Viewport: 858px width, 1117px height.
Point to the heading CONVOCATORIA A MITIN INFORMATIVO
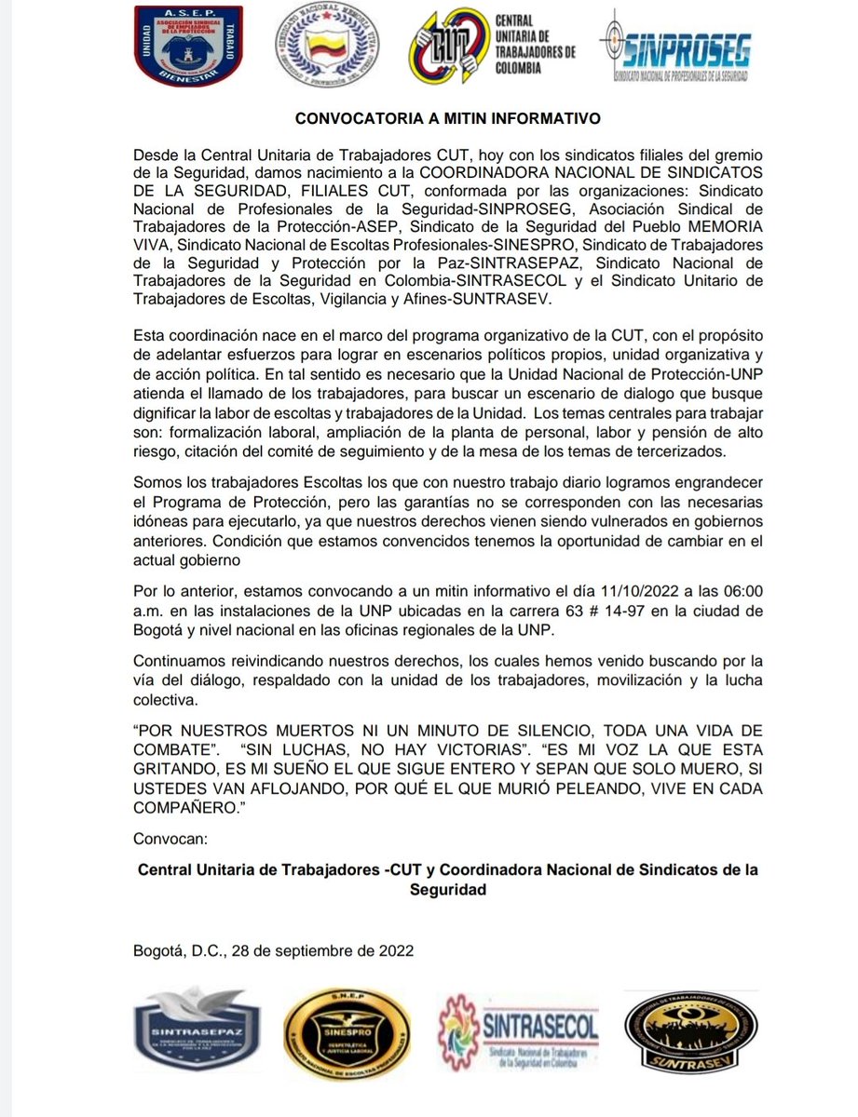click(429, 119)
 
